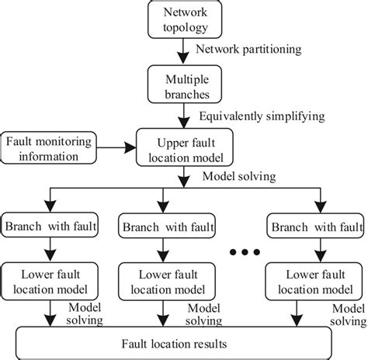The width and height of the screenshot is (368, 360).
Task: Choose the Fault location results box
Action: tap(183, 341)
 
